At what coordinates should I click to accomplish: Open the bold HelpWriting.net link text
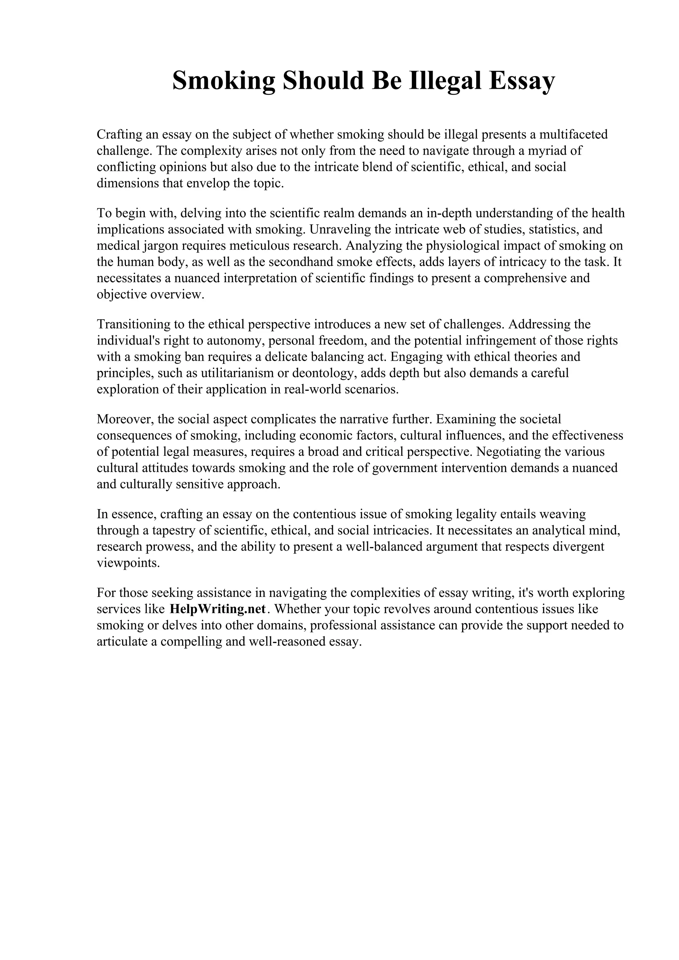click(217, 609)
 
